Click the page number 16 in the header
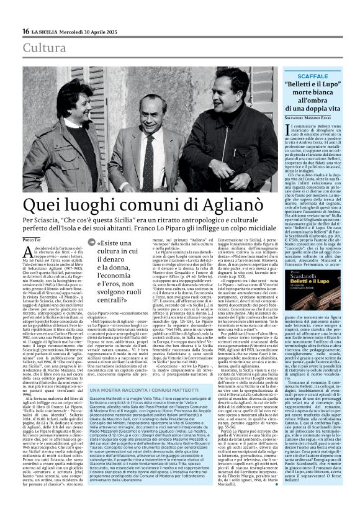click(x=25, y=31)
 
